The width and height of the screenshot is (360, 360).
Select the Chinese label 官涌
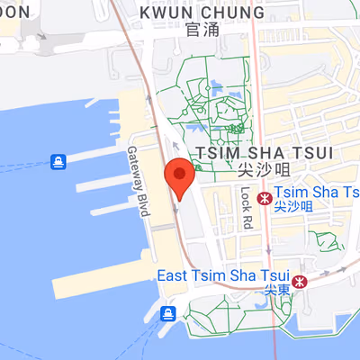coord(202,30)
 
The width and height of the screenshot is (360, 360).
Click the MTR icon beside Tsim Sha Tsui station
coord(264,197)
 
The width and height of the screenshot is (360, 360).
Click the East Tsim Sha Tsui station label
coord(221,274)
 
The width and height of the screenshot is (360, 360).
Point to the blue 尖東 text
coord(275,290)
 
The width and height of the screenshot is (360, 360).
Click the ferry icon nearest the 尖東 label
coord(167,313)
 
